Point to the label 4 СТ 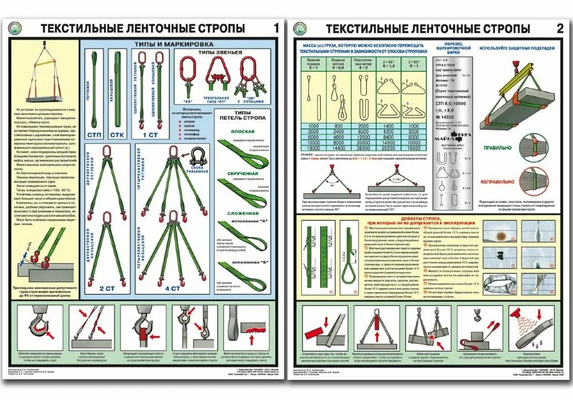(x=172, y=288)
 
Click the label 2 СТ (x=107, y=288)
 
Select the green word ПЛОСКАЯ (x=243, y=131)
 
